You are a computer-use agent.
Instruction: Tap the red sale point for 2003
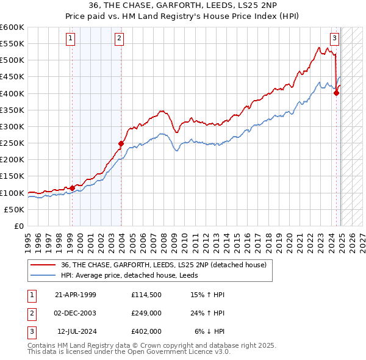pyautogui.click(x=121, y=144)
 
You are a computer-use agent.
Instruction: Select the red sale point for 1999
pyautogui.click(x=72, y=188)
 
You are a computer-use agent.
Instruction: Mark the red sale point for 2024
pyautogui.click(x=336, y=93)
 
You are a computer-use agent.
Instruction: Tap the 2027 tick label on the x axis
pyautogui.click(x=362, y=237)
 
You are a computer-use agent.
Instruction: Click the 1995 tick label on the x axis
pyautogui.click(x=27, y=237)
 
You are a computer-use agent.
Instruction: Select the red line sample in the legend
pyautogui.click(x=43, y=265)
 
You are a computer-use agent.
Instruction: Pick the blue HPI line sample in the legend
pyautogui.click(x=43, y=275)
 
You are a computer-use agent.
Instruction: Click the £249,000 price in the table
pyautogui.click(x=146, y=313)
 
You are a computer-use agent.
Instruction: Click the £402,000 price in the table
pyautogui.click(x=146, y=331)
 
